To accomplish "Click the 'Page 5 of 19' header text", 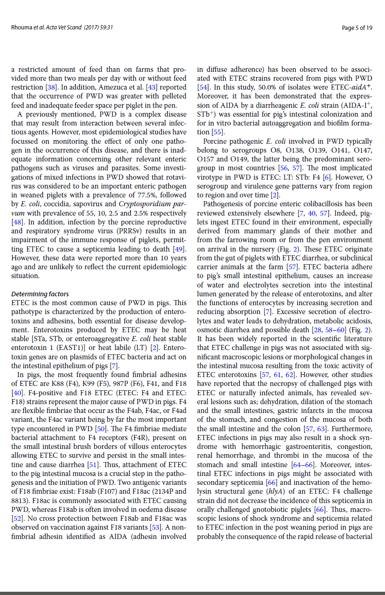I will click(x=357, y=28).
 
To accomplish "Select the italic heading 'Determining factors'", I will click(x=40, y=294).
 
